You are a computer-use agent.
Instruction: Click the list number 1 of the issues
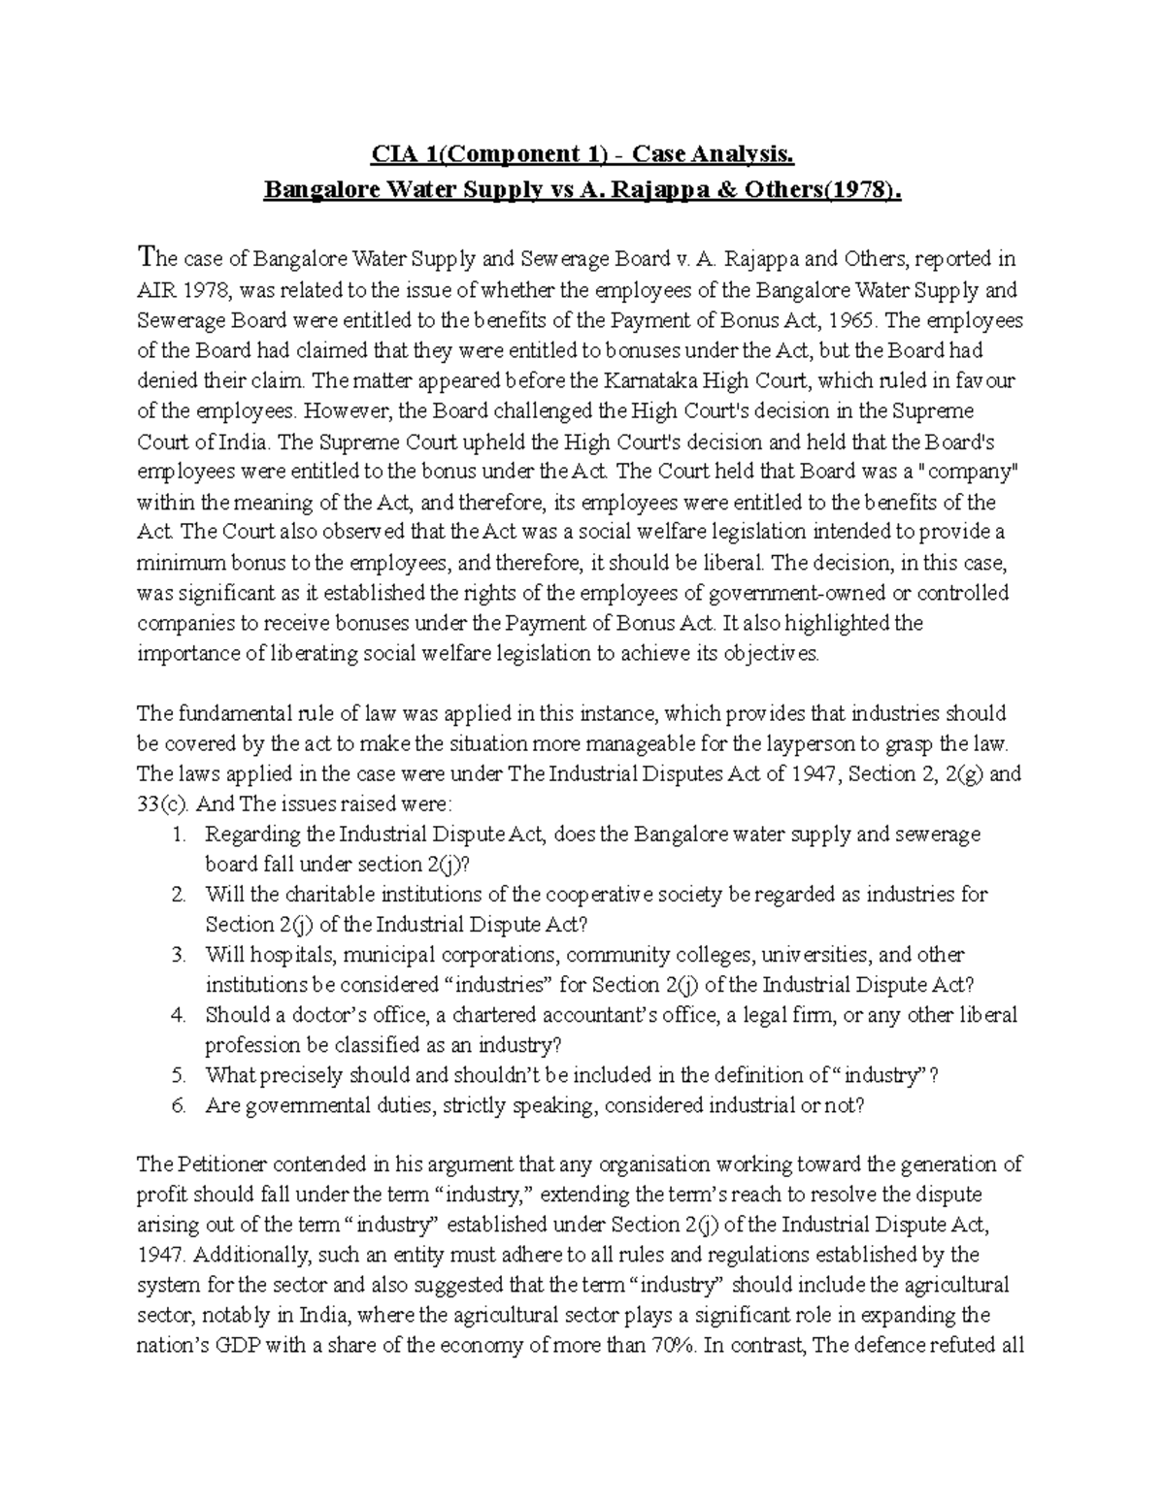pyautogui.click(x=178, y=835)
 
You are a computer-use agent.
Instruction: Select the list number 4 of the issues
pyautogui.click(x=178, y=1015)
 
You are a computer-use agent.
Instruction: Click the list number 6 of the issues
pyautogui.click(x=178, y=1105)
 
